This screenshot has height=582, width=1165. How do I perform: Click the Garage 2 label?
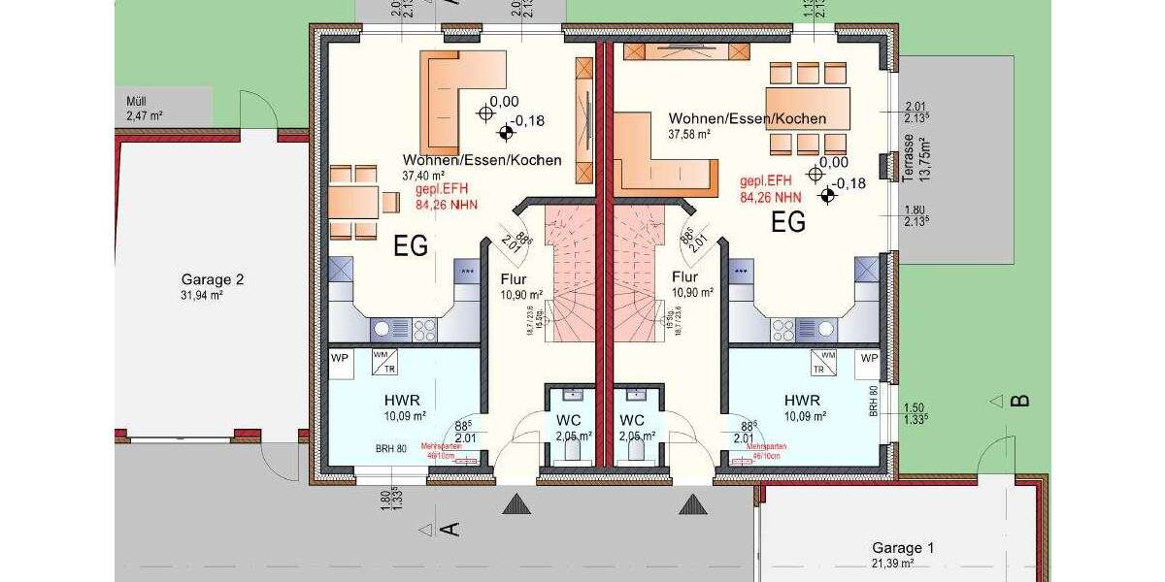pos(212,279)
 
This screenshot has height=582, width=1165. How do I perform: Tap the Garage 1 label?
pos(903,548)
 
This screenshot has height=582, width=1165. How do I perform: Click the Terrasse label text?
pos(909,159)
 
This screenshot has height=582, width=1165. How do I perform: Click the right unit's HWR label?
pos(803,400)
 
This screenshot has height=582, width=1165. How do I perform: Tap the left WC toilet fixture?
pos(573,452)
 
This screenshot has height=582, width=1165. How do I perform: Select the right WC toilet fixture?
pos(635,452)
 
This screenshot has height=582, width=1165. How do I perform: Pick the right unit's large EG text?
pos(788,223)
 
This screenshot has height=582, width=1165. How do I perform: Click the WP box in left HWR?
pos(340,357)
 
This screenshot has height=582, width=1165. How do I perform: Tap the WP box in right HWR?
pos(869,357)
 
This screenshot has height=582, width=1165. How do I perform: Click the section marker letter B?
pos(1019,401)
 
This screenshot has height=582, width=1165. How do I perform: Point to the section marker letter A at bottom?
pos(449,529)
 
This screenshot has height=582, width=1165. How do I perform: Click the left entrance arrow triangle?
pos(516,504)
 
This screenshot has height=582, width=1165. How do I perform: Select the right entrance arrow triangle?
pos(691,504)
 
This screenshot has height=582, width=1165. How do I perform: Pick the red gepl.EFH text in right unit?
pos(766,180)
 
